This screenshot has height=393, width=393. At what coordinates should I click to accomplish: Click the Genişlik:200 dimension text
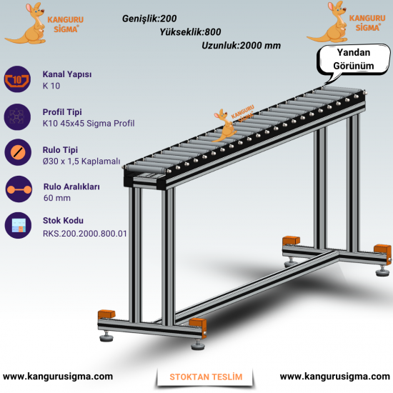click(x=149, y=19)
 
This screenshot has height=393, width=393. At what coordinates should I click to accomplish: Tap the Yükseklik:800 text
click(x=190, y=32)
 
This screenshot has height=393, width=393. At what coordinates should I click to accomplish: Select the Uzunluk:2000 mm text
click(x=241, y=46)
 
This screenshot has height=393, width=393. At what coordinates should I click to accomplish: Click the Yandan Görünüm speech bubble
click(x=354, y=59)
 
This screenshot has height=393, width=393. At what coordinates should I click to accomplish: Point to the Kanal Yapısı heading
click(x=67, y=74)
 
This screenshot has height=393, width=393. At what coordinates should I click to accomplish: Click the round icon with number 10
click(x=17, y=79)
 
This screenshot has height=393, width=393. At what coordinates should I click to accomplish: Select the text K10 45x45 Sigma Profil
click(x=89, y=124)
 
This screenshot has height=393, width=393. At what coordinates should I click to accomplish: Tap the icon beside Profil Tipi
click(x=17, y=116)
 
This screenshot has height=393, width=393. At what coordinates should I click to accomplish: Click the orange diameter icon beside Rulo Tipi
click(x=18, y=152)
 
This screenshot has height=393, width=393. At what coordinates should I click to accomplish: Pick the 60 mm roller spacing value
click(x=57, y=198)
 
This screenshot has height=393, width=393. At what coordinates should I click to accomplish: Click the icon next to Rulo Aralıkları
click(x=19, y=189)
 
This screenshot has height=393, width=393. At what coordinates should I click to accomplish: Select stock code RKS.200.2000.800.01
click(x=85, y=234)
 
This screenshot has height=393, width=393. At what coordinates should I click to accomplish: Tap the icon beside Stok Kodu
click(x=18, y=225)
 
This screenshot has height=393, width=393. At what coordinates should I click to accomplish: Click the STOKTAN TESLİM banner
click(x=206, y=377)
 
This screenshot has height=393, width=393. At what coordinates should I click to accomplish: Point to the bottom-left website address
click(x=58, y=377)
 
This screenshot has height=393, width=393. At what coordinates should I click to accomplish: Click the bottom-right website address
click(x=335, y=377)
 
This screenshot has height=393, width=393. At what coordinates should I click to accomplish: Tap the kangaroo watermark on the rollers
click(x=225, y=125)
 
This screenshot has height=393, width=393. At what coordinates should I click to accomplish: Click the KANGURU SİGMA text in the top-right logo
click(x=367, y=23)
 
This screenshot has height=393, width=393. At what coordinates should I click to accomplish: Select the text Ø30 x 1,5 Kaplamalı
click(x=81, y=161)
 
